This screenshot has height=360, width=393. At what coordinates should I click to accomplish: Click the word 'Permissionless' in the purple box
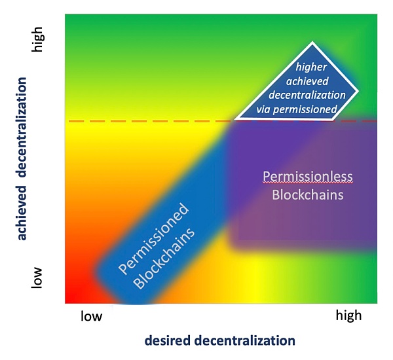(x=308, y=176)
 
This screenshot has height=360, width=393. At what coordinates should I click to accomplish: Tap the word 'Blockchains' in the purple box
(x=308, y=194)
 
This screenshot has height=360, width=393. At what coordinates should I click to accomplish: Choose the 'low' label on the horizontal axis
(x=91, y=317)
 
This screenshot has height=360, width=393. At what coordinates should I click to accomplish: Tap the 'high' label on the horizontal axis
(x=348, y=317)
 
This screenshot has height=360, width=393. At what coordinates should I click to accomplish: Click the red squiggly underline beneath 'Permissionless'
(x=308, y=185)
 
